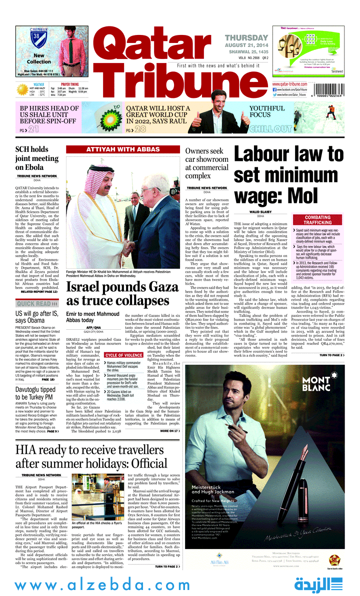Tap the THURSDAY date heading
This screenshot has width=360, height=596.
click(246, 38)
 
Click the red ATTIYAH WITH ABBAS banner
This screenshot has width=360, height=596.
click(122, 149)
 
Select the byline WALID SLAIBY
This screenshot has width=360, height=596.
click(260, 212)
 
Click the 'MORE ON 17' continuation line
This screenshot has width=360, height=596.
click(169, 431)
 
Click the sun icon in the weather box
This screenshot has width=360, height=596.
click(22, 89)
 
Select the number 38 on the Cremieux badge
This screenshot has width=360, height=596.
click(36, 36)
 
